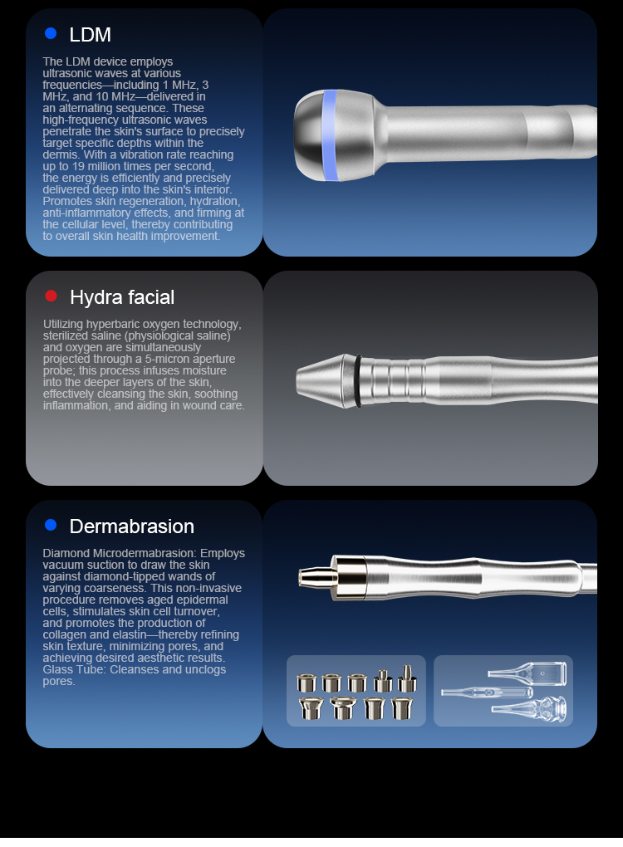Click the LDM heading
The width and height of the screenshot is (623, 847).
(x=91, y=35)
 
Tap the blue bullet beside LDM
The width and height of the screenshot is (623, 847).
(x=51, y=33)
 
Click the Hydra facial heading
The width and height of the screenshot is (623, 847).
(x=122, y=297)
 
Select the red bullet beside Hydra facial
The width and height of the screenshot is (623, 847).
(x=52, y=296)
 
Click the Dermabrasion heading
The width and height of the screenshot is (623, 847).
(x=132, y=526)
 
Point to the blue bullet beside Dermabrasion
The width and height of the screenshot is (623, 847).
(x=51, y=525)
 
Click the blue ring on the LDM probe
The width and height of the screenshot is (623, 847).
(x=329, y=135)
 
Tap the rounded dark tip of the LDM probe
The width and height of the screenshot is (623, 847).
(x=308, y=135)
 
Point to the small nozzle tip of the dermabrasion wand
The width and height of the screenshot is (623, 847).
(x=315, y=577)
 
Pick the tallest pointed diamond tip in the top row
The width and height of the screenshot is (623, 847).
(x=407, y=678)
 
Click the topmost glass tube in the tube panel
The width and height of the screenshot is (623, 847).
(x=527, y=673)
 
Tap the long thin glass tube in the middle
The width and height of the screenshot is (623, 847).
(x=487, y=693)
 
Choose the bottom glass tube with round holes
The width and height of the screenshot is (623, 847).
(x=529, y=708)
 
